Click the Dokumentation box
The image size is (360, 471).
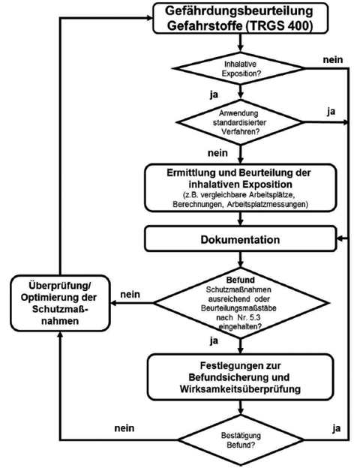pyautogui.click(x=241, y=239)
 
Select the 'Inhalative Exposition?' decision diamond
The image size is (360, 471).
pyautogui.click(x=241, y=68)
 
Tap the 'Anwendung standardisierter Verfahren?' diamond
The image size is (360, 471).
pyautogui.click(x=240, y=122)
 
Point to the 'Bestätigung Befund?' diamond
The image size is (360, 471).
pyautogui.click(x=241, y=440)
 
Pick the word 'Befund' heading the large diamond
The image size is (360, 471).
pyautogui.click(x=241, y=280)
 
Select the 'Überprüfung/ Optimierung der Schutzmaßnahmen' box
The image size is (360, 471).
pyautogui.click(x=60, y=303)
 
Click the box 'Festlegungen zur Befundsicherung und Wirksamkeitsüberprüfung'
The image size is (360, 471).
pyautogui.click(x=241, y=377)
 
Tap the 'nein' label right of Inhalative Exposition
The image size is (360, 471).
pyautogui.click(x=333, y=59)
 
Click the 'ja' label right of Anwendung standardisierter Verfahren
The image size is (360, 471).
pyautogui.click(x=331, y=112)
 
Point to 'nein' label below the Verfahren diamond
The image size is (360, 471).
pyautogui.click(x=217, y=153)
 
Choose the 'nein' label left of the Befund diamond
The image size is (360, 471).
pyautogui.click(x=130, y=294)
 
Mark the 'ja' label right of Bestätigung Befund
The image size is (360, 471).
pyautogui.click(x=336, y=428)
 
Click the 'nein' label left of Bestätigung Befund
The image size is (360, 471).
pyautogui.click(x=124, y=428)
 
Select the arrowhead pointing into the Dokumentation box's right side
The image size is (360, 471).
pyautogui.click(x=340, y=238)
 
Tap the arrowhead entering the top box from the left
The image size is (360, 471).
pyautogui.click(x=150, y=18)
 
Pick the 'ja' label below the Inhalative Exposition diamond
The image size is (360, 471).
pyautogui.click(x=214, y=95)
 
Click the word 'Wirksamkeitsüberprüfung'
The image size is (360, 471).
pyautogui.click(x=241, y=389)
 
